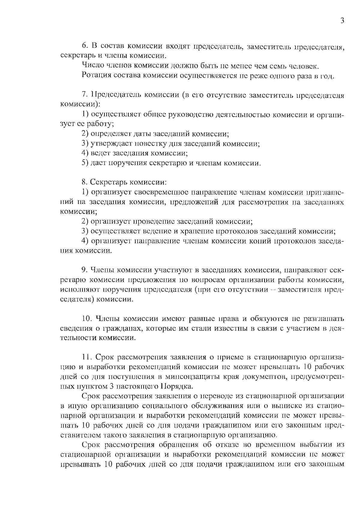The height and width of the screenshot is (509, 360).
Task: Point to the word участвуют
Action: click(174, 270)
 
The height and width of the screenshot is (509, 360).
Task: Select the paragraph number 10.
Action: click(86, 318)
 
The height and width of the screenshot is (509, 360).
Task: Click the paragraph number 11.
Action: click(86, 357)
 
